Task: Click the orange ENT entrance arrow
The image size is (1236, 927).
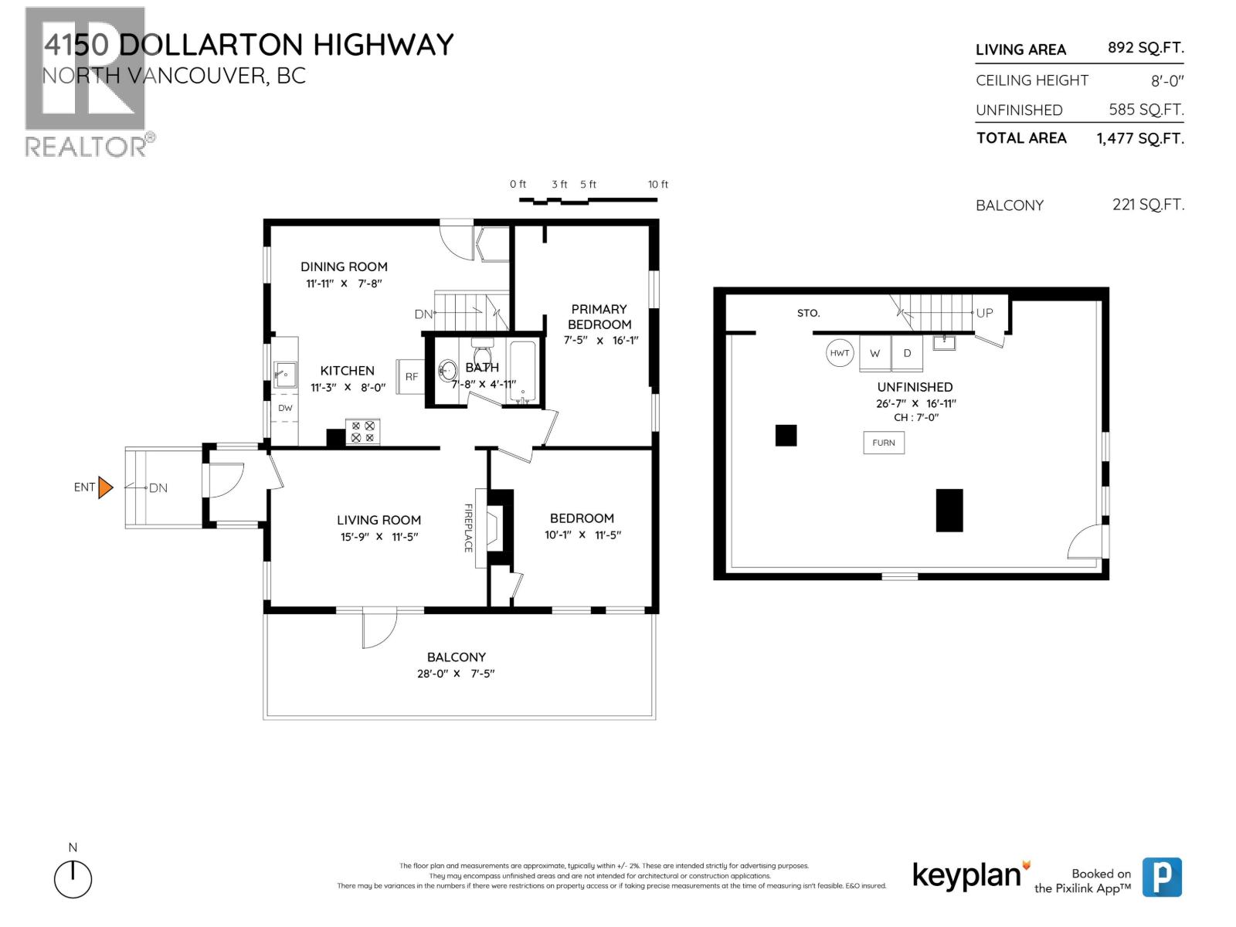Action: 106,487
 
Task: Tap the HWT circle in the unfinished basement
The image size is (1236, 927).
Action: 840,353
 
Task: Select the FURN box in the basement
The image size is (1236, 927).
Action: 884,443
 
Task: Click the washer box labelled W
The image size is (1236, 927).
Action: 875,353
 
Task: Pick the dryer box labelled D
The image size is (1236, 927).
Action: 908,353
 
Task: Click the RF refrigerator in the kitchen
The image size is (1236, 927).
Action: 411,377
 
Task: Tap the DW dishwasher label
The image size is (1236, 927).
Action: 285,408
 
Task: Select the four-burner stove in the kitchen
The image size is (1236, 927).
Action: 362,432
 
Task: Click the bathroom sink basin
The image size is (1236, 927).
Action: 447,371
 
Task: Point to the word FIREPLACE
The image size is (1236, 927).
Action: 468,528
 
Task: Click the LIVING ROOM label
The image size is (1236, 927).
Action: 379,520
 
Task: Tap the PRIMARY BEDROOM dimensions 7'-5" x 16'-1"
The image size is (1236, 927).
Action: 601,340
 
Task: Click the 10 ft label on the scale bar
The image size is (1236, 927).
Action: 658,185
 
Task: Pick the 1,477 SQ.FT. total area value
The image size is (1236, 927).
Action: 1140,139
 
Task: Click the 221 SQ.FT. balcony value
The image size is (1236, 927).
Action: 1148,205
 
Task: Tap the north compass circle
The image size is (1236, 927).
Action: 73,879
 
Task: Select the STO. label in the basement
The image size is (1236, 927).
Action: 808,314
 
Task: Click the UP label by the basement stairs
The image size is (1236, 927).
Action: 984,313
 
